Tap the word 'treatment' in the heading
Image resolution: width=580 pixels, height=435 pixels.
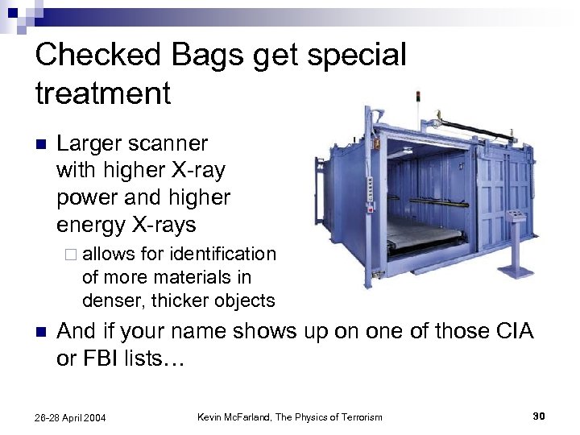(103, 93)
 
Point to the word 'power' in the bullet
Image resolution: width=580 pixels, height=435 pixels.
(89, 197)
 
